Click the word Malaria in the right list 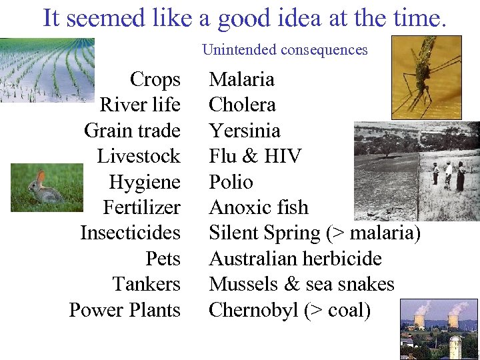coord(241,79)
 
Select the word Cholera coord(242,105)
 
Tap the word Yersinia coord(244,131)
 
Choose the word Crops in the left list coord(155,79)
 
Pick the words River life coord(140,105)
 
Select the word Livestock coord(139,156)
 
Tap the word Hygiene coord(145,182)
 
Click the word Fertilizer coord(141,207)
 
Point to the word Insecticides coord(130,233)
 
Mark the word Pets coord(163,259)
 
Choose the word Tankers coord(147,284)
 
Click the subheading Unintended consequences coord(285,49)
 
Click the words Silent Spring coord(265,233)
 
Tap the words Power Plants coord(125,310)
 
